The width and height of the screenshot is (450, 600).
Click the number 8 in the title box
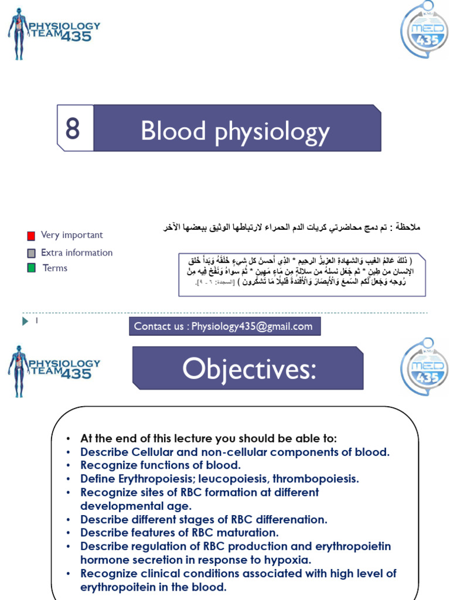tap(73, 128)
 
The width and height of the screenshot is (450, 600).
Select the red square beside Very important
tap(31, 236)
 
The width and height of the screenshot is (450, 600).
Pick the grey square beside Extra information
tap(31, 254)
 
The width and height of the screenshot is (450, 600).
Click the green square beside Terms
tap(31, 268)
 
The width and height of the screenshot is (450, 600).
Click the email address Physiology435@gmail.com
tap(252, 326)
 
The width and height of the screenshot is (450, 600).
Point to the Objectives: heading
tap(248, 369)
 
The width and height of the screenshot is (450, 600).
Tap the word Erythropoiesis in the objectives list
tap(148, 479)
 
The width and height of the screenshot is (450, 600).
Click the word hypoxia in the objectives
tap(289, 560)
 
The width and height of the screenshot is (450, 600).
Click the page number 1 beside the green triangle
tap(36, 321)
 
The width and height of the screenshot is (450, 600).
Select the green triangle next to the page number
tap(25, 321)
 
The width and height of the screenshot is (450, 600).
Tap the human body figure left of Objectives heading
tap(18, 371)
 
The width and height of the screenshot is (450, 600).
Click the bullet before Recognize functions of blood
tap(68, 465)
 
